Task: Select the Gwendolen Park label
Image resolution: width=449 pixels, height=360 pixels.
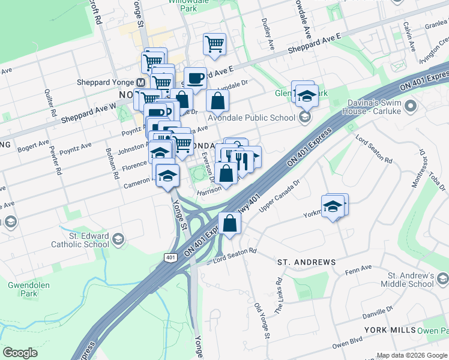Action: [x=29, y=289]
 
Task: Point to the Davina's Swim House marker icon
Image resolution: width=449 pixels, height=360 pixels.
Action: [x=411, y=107]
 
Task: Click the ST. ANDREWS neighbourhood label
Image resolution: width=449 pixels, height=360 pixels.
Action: [x=306, y=263]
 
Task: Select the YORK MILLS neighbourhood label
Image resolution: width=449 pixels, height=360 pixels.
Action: [x=389, y=331]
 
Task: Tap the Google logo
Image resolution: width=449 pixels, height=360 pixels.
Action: [x=20, y=353]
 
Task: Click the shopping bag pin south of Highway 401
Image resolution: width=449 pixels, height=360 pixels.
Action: [x=230, y=224]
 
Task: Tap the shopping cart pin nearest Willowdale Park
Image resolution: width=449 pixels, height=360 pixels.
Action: [x=214, y=44]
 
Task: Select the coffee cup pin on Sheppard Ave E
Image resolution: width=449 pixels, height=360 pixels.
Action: [x=194, y=78]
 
